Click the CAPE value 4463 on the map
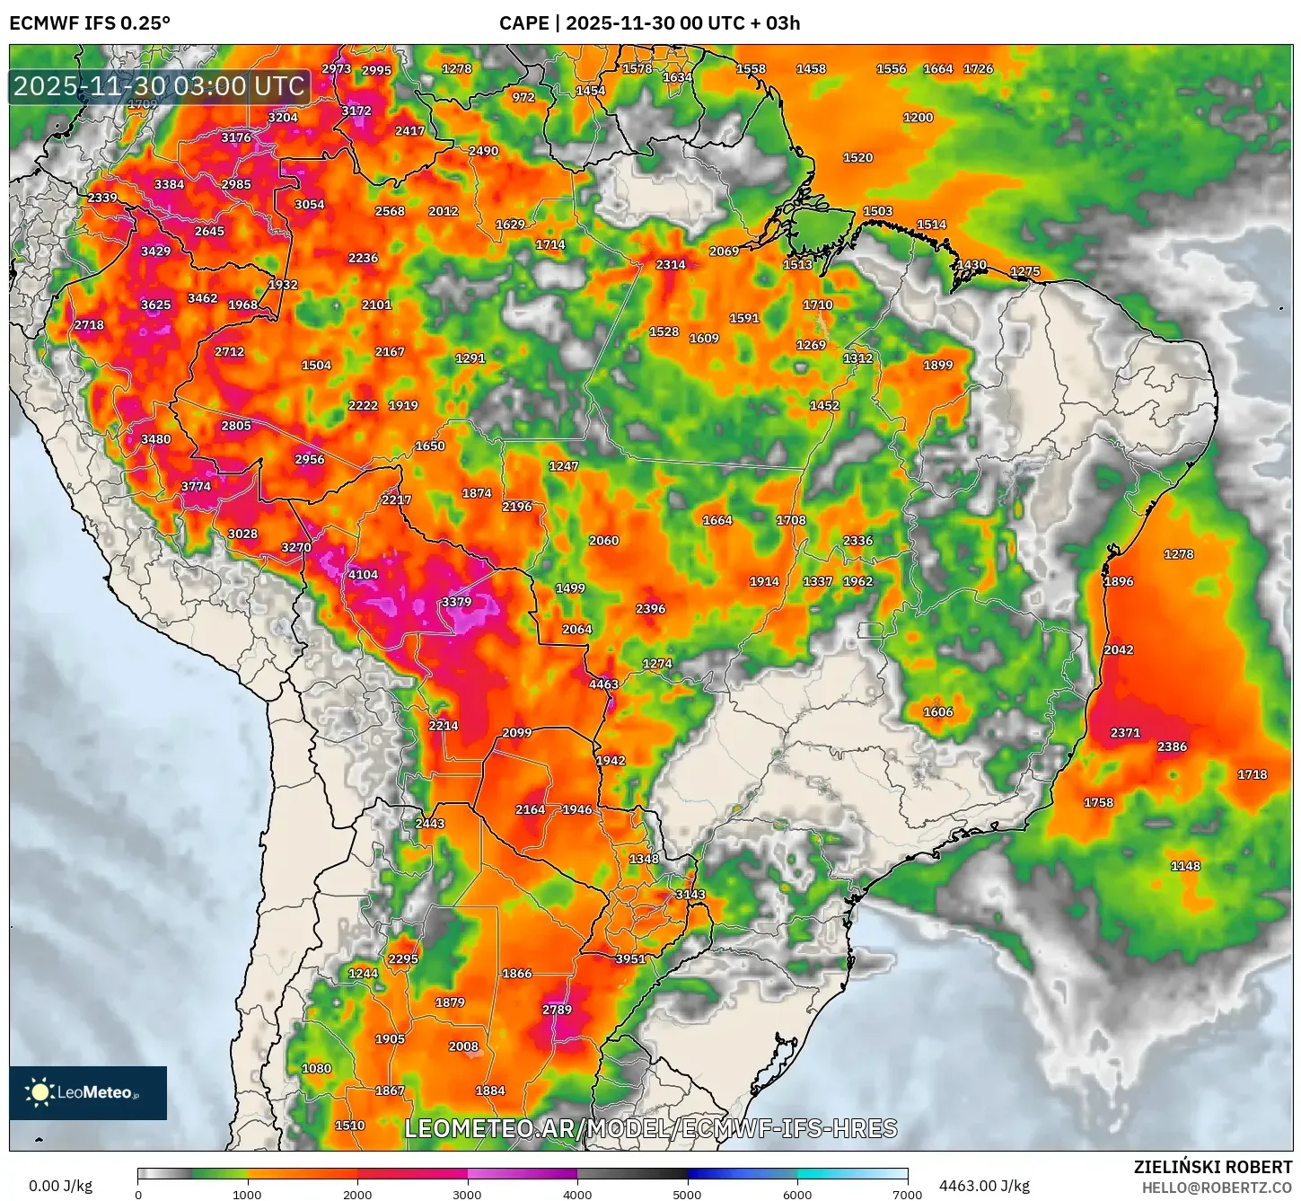tap(603, 684)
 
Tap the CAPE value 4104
tap(363, 575)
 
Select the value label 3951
tap(630, 959)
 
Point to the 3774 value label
tap(196, 487)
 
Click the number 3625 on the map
tap(155, 305)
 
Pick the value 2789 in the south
tap(557, 1010)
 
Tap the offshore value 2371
tap(1125, 733)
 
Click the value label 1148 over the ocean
tap(1185, 866)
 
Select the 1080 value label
tap(316, 1069)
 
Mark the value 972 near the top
tap(523, 98)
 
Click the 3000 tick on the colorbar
tap(467, 1195)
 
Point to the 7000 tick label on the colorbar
tap(907, 1195)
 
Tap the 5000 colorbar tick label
tap(687, 1195)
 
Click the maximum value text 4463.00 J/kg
tap(984, 1186)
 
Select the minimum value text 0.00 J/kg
tap(61, 1186)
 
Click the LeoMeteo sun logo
tap(40, 1092)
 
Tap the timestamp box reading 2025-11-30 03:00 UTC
tap(160, 86)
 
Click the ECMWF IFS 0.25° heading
tap(90, 23)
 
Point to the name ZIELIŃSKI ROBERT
tap(1212, 1167)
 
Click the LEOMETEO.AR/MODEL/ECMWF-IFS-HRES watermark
tap(651, 1128)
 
